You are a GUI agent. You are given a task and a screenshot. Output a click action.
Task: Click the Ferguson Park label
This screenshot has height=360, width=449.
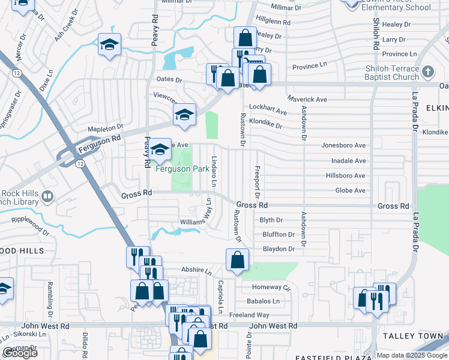(x=182, y=169)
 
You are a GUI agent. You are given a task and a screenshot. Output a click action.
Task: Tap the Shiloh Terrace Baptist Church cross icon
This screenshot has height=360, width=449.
(x=427, y=73)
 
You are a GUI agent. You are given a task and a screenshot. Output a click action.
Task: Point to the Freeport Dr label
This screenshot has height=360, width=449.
(x=257, y=182)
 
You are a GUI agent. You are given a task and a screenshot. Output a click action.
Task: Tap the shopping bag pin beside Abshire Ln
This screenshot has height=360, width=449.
(x=237, y=260)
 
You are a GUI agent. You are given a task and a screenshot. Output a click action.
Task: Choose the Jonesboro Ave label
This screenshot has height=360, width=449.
(x=343, y=145)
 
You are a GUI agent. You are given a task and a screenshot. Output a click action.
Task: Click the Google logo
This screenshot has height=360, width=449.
(x=20, y=353)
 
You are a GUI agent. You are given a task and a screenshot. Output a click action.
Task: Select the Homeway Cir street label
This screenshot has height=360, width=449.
(x=270, y=287)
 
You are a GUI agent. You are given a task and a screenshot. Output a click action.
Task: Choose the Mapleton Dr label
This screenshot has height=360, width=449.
(x=105, y=128)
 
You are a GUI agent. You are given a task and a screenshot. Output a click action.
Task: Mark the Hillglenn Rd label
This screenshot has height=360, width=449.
(x=273, y=22)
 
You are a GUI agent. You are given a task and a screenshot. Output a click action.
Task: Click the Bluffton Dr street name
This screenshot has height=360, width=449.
(x=278, y=235)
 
